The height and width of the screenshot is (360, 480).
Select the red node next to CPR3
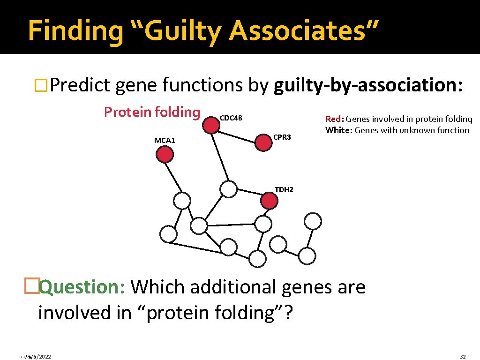tap(263, 142)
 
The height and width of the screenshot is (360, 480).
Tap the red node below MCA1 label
tap(165, 154)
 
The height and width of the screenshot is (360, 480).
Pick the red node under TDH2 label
tap(269, 201)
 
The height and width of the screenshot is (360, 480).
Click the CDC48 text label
tap(231, 118)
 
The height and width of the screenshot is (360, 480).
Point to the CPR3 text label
tap(282, 137)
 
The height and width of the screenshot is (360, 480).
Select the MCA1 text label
tap(164, 140)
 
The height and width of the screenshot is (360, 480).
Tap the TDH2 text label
tap(284, 190)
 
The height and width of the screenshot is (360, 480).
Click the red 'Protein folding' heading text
tap(152, 112)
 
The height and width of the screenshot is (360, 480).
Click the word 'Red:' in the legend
tap(335, 119)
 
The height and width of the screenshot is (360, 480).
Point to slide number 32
tap(463, 357)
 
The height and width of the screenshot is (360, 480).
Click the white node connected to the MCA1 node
tap(182, 201)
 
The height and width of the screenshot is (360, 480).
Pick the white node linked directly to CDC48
tap(228, 188)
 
